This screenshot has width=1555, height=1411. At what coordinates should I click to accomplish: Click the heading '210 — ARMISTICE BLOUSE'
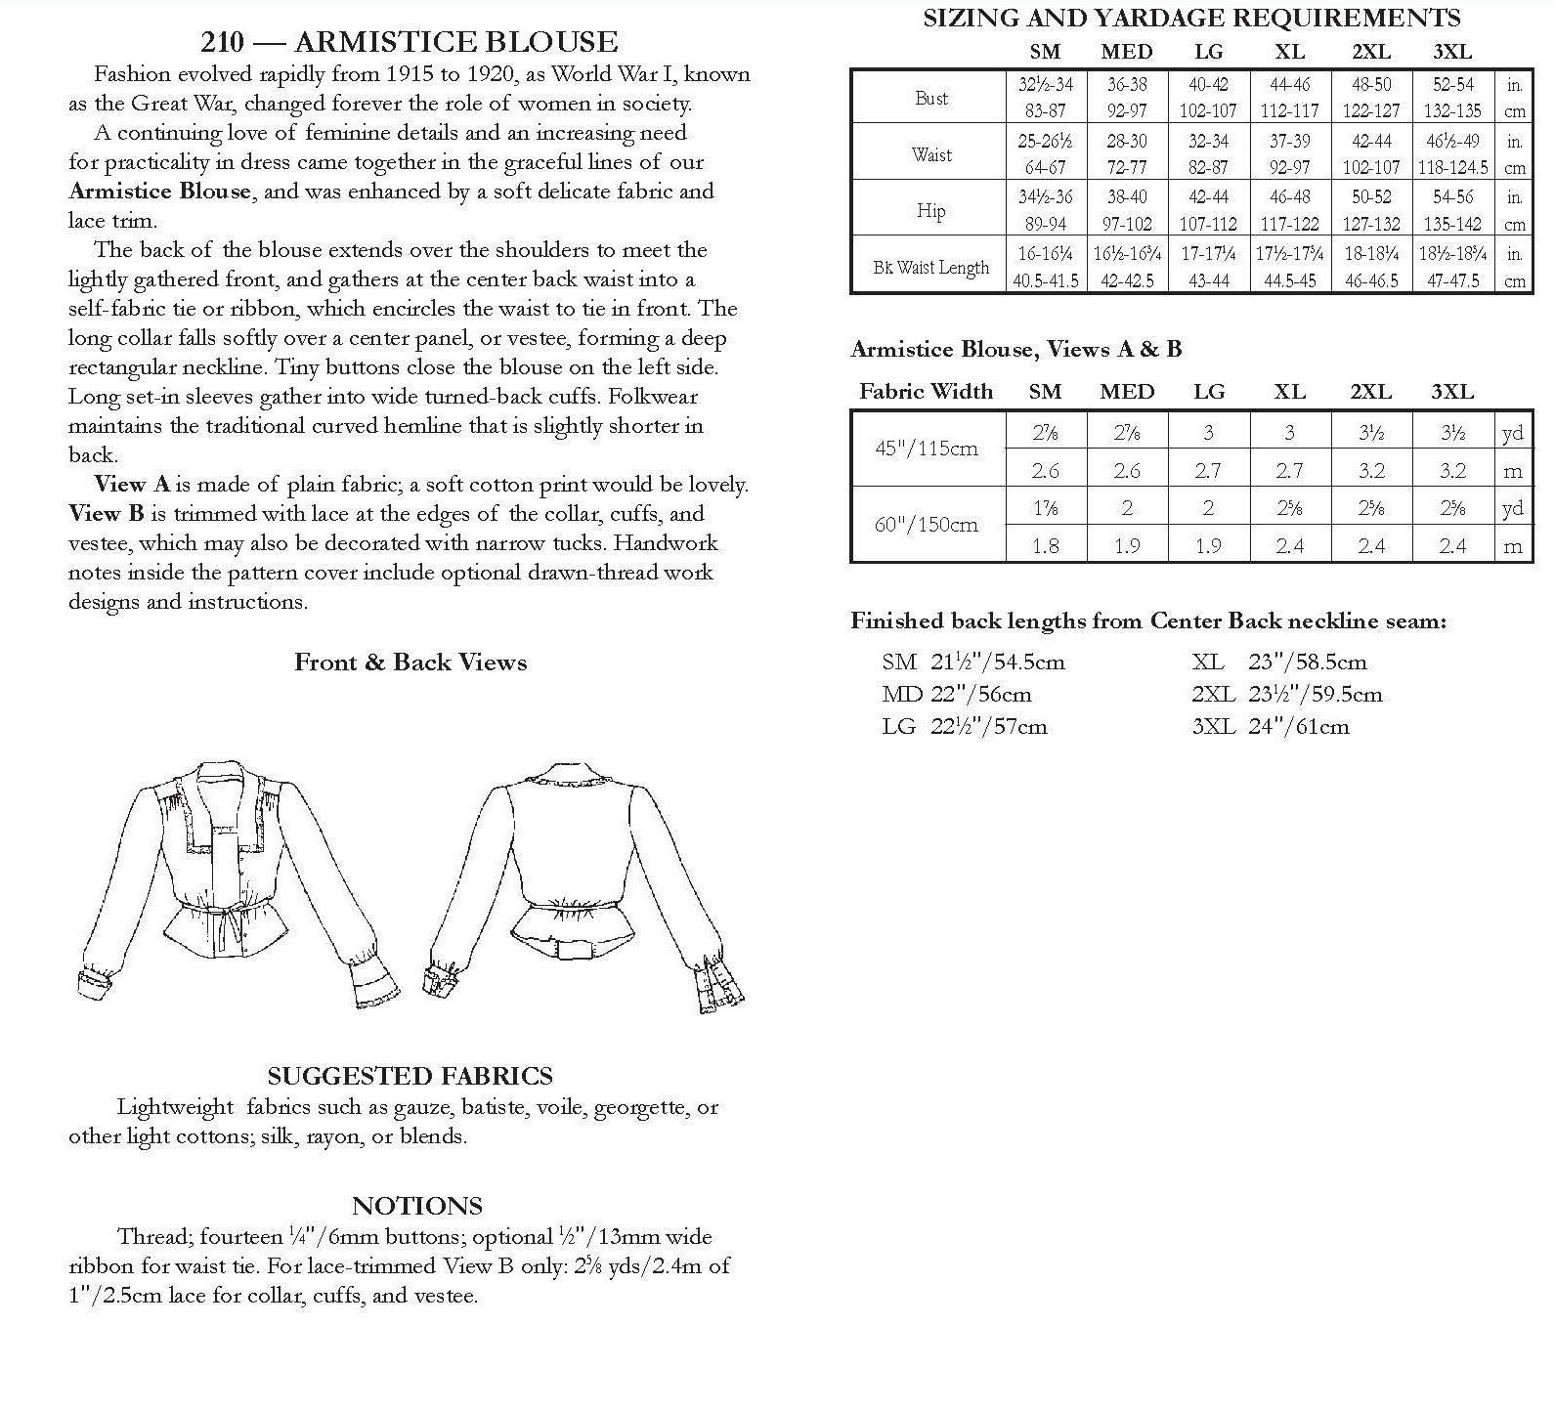409,42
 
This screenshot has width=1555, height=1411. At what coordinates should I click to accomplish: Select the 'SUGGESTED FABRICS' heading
410,1076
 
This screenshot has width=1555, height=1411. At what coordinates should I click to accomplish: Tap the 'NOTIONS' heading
417,1205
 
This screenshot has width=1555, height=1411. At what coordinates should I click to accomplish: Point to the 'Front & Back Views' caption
410,663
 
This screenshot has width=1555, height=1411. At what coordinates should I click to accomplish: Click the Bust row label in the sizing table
930,98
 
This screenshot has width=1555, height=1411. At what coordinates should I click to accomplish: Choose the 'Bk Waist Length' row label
930,267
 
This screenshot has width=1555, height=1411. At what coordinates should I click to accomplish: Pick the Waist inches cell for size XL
1289,142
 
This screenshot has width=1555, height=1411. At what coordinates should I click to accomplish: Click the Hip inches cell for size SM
1045,197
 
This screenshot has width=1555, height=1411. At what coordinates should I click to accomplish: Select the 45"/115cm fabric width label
928,449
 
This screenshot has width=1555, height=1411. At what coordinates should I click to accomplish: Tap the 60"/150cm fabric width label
928,525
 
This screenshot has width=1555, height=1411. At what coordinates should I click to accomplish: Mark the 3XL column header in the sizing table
1452,52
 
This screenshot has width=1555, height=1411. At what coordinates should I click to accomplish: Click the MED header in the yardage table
1127,392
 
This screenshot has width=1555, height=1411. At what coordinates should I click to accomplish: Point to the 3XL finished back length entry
1271,726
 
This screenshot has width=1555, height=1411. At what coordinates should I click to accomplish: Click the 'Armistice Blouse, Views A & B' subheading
1015,349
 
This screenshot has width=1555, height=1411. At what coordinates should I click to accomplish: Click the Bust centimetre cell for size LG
1208,110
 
